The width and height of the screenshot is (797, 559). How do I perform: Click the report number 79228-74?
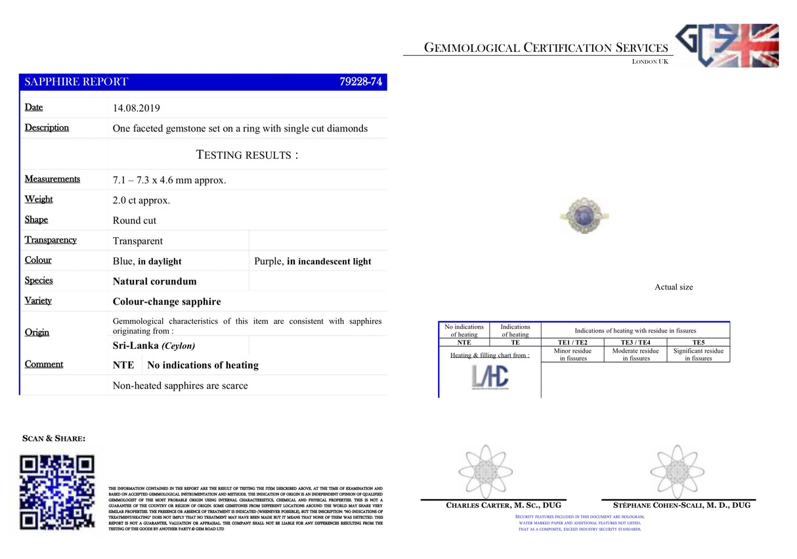[360, 82]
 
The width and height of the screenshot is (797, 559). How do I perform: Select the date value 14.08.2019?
[137, 108]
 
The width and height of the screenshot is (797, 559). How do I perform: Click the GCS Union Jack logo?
[727, 45]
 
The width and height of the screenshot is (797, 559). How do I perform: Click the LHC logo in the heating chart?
[489, 377]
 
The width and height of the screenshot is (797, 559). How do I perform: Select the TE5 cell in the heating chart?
[698, 342]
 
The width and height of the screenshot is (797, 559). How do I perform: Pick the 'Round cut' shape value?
[135, 221]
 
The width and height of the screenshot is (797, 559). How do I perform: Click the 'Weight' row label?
[39, 200]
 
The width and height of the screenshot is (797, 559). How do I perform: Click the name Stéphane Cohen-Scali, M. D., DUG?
[681, 505]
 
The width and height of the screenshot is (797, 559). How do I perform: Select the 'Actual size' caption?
[674, 287]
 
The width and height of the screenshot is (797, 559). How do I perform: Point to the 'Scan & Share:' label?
[53, 438]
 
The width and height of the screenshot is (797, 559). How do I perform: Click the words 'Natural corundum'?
[155, 281]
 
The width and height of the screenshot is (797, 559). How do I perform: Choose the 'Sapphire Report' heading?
[76, 82]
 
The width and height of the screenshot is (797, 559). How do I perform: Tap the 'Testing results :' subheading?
[247, 155]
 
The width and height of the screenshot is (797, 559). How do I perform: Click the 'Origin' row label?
[37, 332]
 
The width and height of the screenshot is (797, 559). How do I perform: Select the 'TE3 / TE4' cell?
[635, 342]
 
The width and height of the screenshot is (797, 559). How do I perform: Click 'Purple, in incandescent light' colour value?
[312, 261]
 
